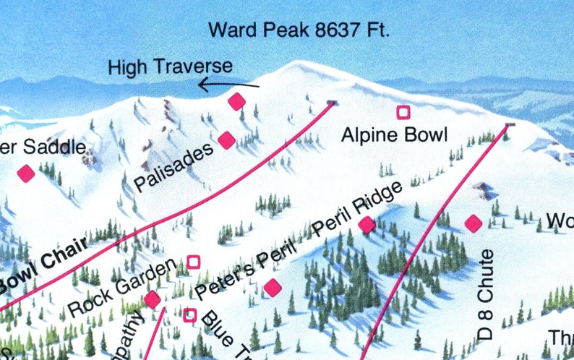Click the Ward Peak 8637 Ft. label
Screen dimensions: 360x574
(x=299, y=31)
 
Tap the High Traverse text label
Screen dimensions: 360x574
(x=170, y=67)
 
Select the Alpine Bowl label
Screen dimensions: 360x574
(x=395, y=134)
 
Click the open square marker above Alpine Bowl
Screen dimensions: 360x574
(x=403, y=112)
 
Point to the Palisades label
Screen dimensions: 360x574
(x=174, y=167)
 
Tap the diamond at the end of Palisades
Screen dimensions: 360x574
(x=226, y=140)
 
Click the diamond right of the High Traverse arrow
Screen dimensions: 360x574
(x=237, y=102)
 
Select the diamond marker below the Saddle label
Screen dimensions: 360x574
(x=26, y=173)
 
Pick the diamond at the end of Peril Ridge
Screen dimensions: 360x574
(x=367, y=225)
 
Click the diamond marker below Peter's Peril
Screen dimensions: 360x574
(x=273, y=288)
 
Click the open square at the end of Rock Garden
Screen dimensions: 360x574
(x=194, y=262)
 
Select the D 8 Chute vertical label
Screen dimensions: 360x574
(x=486, y=294)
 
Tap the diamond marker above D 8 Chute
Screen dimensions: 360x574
(x=473, y=223)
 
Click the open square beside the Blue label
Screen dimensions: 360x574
(x=190, y=314)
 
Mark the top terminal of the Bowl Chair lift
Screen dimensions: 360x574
(x=332, y=103)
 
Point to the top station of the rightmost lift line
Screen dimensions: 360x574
(x=509, y=126)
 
